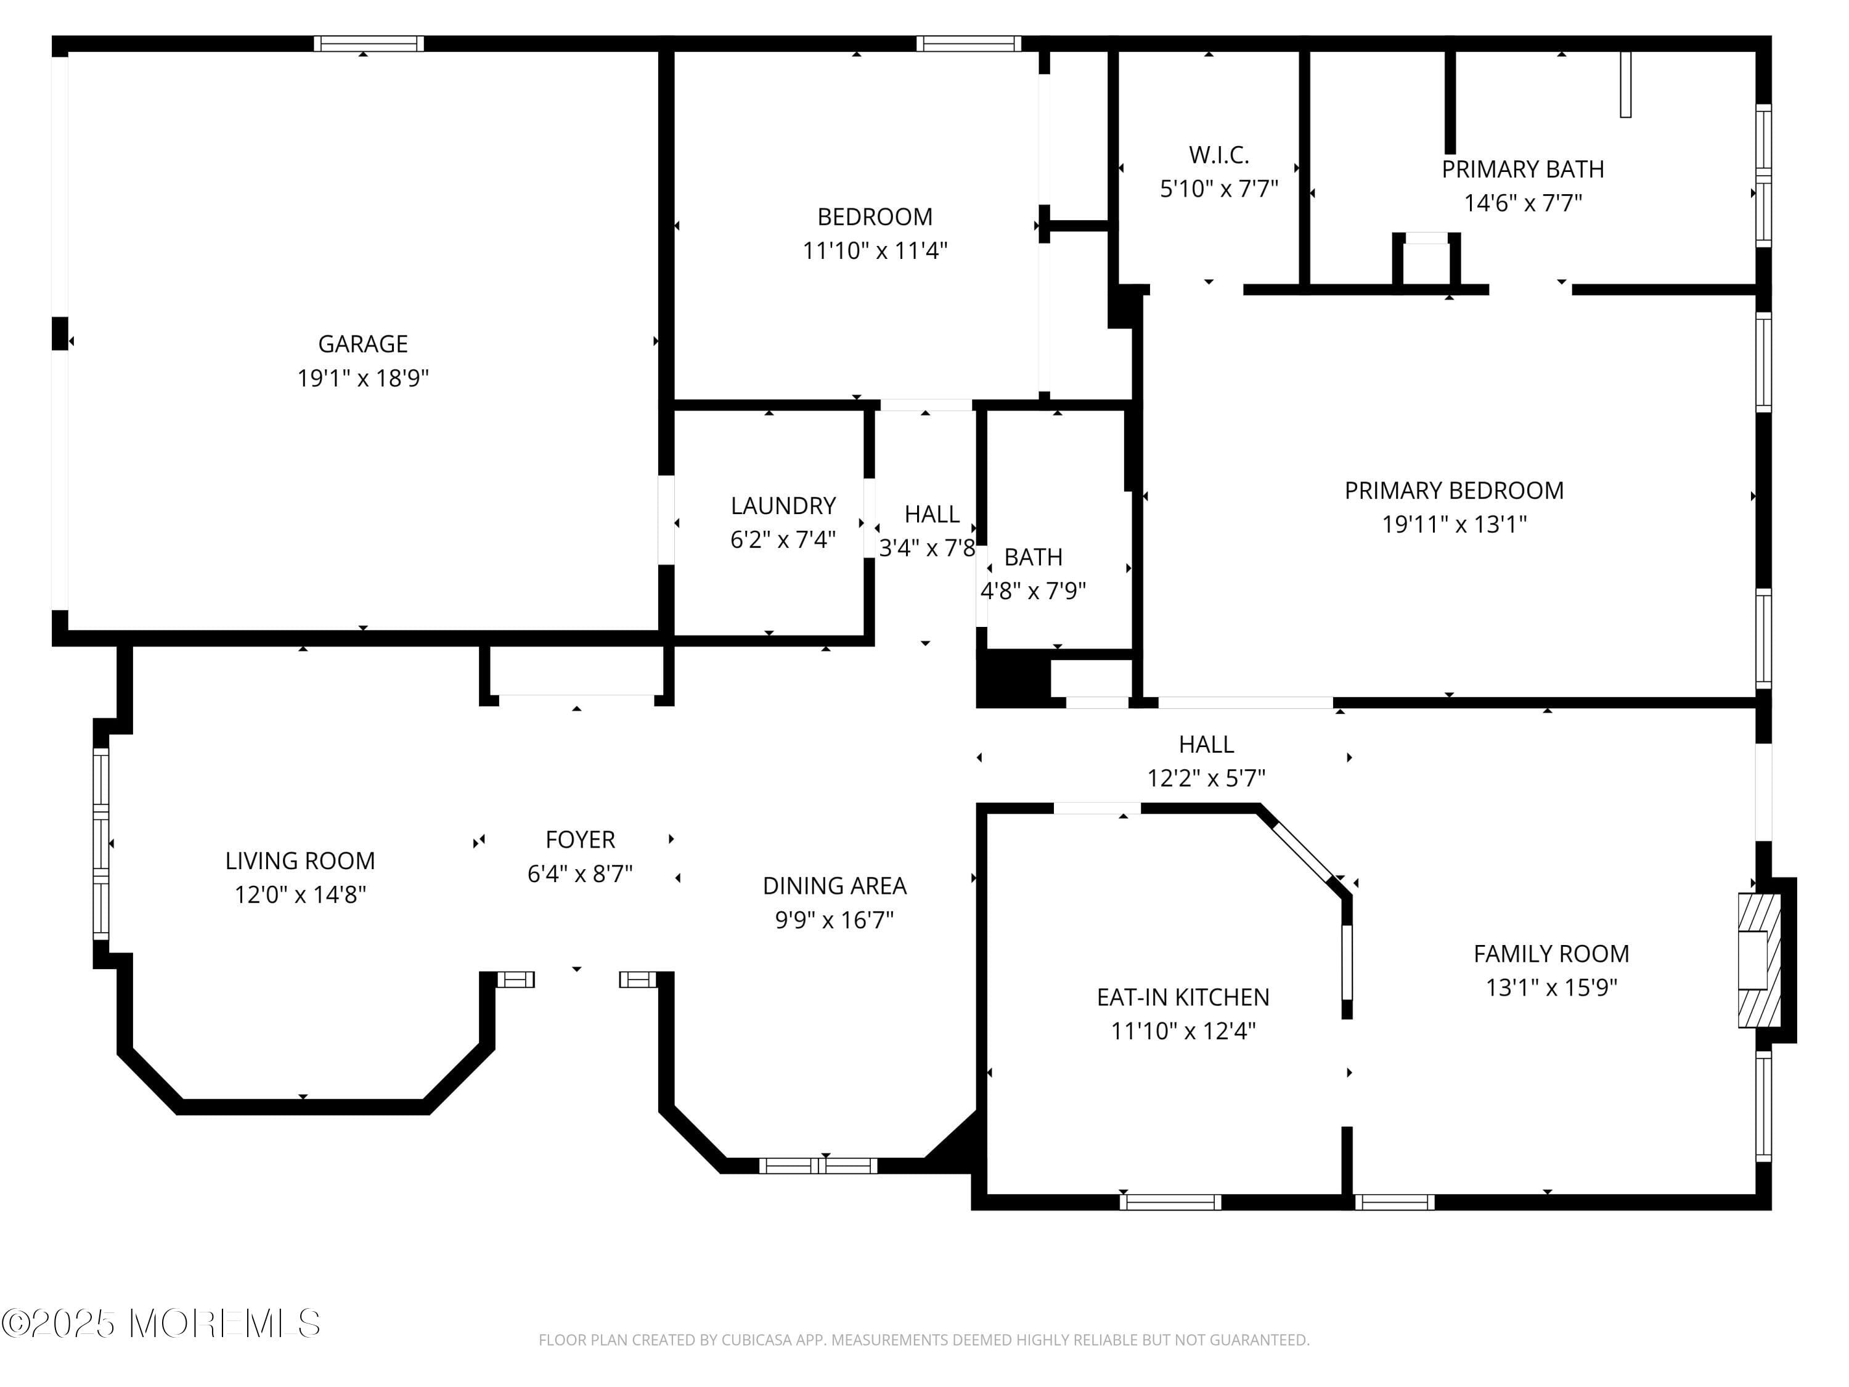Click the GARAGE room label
point(363,343)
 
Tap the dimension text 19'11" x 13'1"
point(1453,524)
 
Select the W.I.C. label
point(1218,155)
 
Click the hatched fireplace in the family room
point(1759,960)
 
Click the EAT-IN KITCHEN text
point(1183,997)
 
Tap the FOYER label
point(579,840)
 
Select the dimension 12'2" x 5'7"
point(1206,779)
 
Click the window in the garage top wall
point(369,44)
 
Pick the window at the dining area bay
point(817,1166)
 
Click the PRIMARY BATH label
point(1522,169)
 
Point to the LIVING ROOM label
point(300,861)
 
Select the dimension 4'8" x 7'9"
point(1032,591)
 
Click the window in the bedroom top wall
point(968,44)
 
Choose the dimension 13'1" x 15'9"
point(1551,988)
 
